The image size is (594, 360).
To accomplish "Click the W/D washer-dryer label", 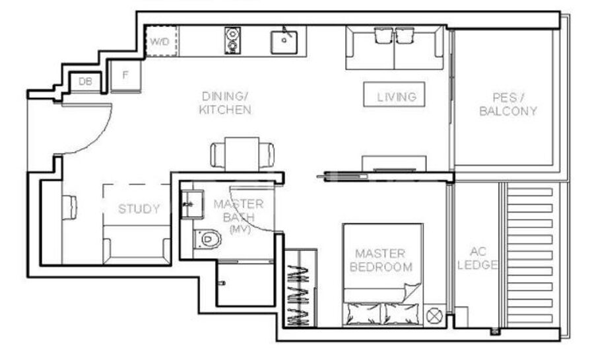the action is point(160,42).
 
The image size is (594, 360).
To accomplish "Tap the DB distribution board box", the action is point(86,81).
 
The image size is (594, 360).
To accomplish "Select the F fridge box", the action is point(125,76).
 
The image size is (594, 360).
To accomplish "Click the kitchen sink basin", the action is point(284,42).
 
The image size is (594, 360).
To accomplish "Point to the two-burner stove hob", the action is point(232,40).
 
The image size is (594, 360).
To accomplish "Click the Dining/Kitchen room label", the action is point(225,103).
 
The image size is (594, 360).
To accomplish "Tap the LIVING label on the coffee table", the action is point(397,97).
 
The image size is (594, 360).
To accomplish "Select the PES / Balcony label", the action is point(508,104).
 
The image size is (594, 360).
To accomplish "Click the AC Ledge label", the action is point(477,258).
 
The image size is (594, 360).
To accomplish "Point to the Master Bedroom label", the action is point(381,260).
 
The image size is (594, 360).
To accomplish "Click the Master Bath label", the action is point(239,216).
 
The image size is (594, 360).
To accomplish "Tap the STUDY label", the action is point(139,209).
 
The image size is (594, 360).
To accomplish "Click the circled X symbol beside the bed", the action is point(434,316).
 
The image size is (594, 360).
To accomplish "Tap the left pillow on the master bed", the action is point(364,313).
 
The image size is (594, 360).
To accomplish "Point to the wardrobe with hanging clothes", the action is point(300,288).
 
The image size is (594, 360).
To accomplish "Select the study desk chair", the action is point(69,207).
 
